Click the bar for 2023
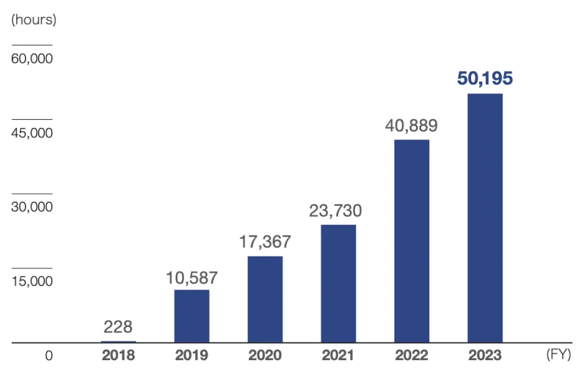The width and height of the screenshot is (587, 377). coord(485,218)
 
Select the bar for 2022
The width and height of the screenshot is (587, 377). coord(412,241)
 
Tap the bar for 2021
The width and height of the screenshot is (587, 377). coord(338,283)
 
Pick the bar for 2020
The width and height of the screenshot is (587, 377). coord(265,299)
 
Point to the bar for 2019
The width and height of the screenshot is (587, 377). coord(192,316)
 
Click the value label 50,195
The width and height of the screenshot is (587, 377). coord(484,79)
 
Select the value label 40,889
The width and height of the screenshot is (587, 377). coord(411,125)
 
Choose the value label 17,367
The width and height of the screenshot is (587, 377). coord(265,242)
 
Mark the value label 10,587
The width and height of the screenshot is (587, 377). coord(192,278)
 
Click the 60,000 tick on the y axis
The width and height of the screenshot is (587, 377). coord(32,59)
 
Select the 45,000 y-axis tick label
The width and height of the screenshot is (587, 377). coord(32,133)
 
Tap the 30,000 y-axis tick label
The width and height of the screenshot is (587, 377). coord(32,207)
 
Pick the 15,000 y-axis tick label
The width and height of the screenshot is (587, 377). coord(32,281)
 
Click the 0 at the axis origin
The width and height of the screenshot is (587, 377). coord(48,356)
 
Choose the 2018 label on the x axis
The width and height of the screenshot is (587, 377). coord(118,356)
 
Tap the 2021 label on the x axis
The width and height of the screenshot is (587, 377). coord(338,356)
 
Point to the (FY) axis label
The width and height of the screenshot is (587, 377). coord(558,356)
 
